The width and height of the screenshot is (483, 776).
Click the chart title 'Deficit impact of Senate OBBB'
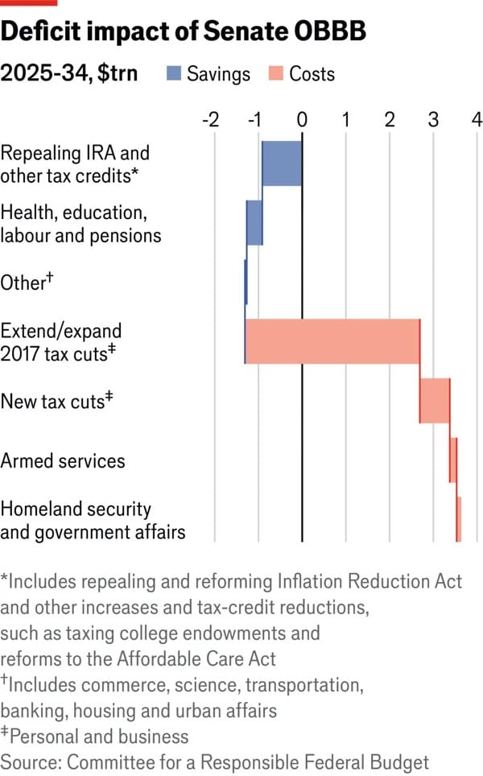point(184,32)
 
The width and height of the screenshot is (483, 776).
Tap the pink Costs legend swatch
point(275,74)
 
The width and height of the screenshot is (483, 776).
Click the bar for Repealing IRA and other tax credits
point(282,163)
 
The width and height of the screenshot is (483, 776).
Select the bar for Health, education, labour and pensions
point(254,222)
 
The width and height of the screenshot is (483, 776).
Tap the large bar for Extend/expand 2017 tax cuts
point(332,341)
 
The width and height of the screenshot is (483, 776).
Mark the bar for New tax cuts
point(435,400)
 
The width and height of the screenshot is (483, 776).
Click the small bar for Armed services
point(453,460)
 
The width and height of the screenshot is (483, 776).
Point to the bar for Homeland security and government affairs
point(459,519)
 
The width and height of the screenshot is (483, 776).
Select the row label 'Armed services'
point(64,460)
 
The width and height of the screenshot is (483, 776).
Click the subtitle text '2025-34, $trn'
point(69,74)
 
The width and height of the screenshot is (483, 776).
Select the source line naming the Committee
point(215,762)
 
